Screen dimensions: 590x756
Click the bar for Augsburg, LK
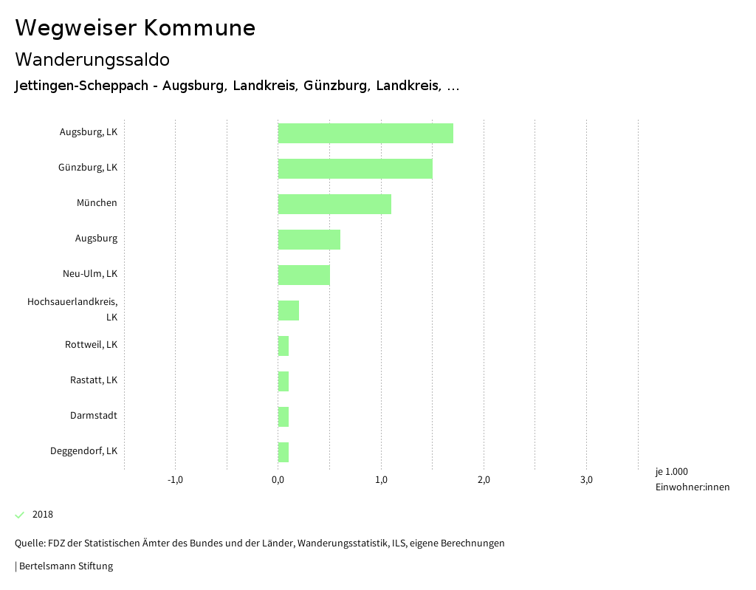click(365, 133)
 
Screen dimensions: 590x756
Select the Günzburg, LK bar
click(355, 168)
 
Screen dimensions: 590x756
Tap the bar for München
click(334, 204)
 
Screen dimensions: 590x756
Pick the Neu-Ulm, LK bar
click(304, 275)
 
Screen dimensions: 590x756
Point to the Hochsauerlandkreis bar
click(289, 310)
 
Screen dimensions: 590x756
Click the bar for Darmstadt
click(283, 416)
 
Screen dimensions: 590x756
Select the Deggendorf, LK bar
click(283, 452)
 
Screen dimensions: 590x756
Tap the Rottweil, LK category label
click(91, 345)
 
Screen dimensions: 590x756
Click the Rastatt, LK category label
click(94, 380)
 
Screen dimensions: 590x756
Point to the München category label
click(97, 203)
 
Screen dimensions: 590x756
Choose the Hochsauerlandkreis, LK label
click(72, 309)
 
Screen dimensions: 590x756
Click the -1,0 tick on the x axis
click(175, 480)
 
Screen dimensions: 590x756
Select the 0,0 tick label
click(278, 480)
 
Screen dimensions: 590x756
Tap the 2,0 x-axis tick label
click(484, 480)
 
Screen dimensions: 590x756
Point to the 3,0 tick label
click(586, 480)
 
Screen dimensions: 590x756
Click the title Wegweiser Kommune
click(135, 28)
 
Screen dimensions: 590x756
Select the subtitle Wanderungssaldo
click(92, 59)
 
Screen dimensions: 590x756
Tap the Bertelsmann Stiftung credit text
click(65, 566)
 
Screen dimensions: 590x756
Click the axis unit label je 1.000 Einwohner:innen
click(692, 479)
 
